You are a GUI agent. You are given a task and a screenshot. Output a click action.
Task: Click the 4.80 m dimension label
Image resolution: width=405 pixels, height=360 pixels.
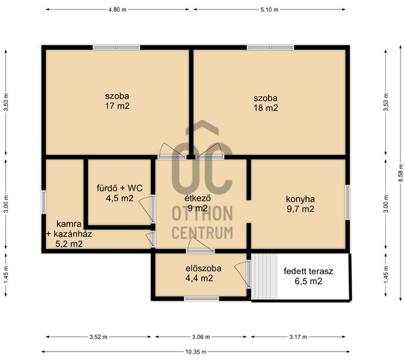(117, 10)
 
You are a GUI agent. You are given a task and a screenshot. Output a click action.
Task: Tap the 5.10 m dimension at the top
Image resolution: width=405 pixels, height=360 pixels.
(269, 10)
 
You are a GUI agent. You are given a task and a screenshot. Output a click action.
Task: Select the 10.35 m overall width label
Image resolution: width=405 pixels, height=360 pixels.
(196, 352)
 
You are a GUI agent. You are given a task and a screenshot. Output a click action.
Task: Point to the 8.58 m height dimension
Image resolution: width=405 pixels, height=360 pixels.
(400, 173)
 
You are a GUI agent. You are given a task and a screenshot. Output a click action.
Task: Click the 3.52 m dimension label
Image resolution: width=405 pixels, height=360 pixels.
(99, 337)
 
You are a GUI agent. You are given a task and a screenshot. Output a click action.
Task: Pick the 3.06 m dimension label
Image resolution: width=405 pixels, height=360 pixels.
(201, 337)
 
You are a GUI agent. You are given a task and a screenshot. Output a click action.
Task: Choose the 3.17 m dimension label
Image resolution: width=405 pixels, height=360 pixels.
(298, 337)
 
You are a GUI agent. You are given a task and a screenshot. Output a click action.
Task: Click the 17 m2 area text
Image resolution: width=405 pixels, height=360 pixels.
(117, 106)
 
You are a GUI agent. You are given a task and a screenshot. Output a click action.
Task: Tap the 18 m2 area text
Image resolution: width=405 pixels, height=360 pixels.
(266, 108)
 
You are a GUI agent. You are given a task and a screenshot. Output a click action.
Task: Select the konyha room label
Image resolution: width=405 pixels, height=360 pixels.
(301, 199)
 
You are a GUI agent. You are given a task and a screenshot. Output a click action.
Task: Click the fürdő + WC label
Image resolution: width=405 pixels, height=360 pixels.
(120, 188)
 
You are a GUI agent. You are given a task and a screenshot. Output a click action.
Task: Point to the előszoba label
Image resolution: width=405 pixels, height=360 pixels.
(204, 268)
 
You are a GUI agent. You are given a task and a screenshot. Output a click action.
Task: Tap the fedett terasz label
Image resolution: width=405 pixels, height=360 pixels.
(309, 271)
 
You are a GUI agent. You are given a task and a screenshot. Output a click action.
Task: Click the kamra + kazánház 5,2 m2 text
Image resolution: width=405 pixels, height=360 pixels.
(69, 234)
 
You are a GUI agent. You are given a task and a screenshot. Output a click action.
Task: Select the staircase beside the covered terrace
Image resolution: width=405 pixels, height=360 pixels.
(264, 276)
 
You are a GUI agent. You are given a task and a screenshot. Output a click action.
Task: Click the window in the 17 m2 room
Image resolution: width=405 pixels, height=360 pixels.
(117, 48)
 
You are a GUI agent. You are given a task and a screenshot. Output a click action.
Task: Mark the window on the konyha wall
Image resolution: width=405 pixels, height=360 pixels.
(348, 202)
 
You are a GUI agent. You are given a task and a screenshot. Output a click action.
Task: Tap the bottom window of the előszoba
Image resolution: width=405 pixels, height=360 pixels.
(201, 299)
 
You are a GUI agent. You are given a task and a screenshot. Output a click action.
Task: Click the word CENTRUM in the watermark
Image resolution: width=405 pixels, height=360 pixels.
(202, 233)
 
